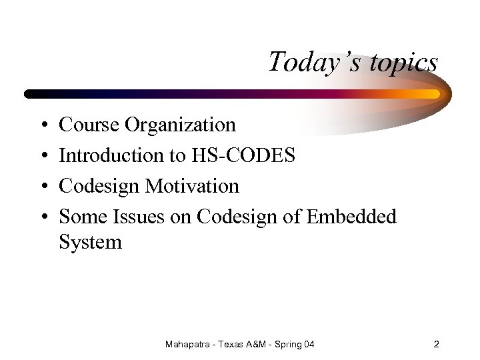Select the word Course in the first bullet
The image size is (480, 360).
pyautogui.click(x=83, y=125)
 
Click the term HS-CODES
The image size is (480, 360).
pyautogui.click(x=243, y=155)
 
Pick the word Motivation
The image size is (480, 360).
pyautogui.click(x=192, y=186)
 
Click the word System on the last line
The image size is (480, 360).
pyautogui.click(x=91, y=241)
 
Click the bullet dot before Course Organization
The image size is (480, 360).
pyautogui.click(x=42, y=125)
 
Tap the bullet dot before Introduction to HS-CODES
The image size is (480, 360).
pyautogui.click(x=42, y=156)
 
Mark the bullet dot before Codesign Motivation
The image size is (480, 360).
pyautogui.click(x=42, y=187)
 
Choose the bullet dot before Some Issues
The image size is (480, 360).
pyautogui.click(x=42, y=217)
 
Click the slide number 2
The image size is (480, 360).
pyautogui.click(x=436, y=345)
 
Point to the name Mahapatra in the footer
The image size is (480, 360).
pyautogui.click(x=189, y=345)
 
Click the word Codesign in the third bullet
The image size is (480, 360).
pyautogui.click(x=99, y=186)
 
